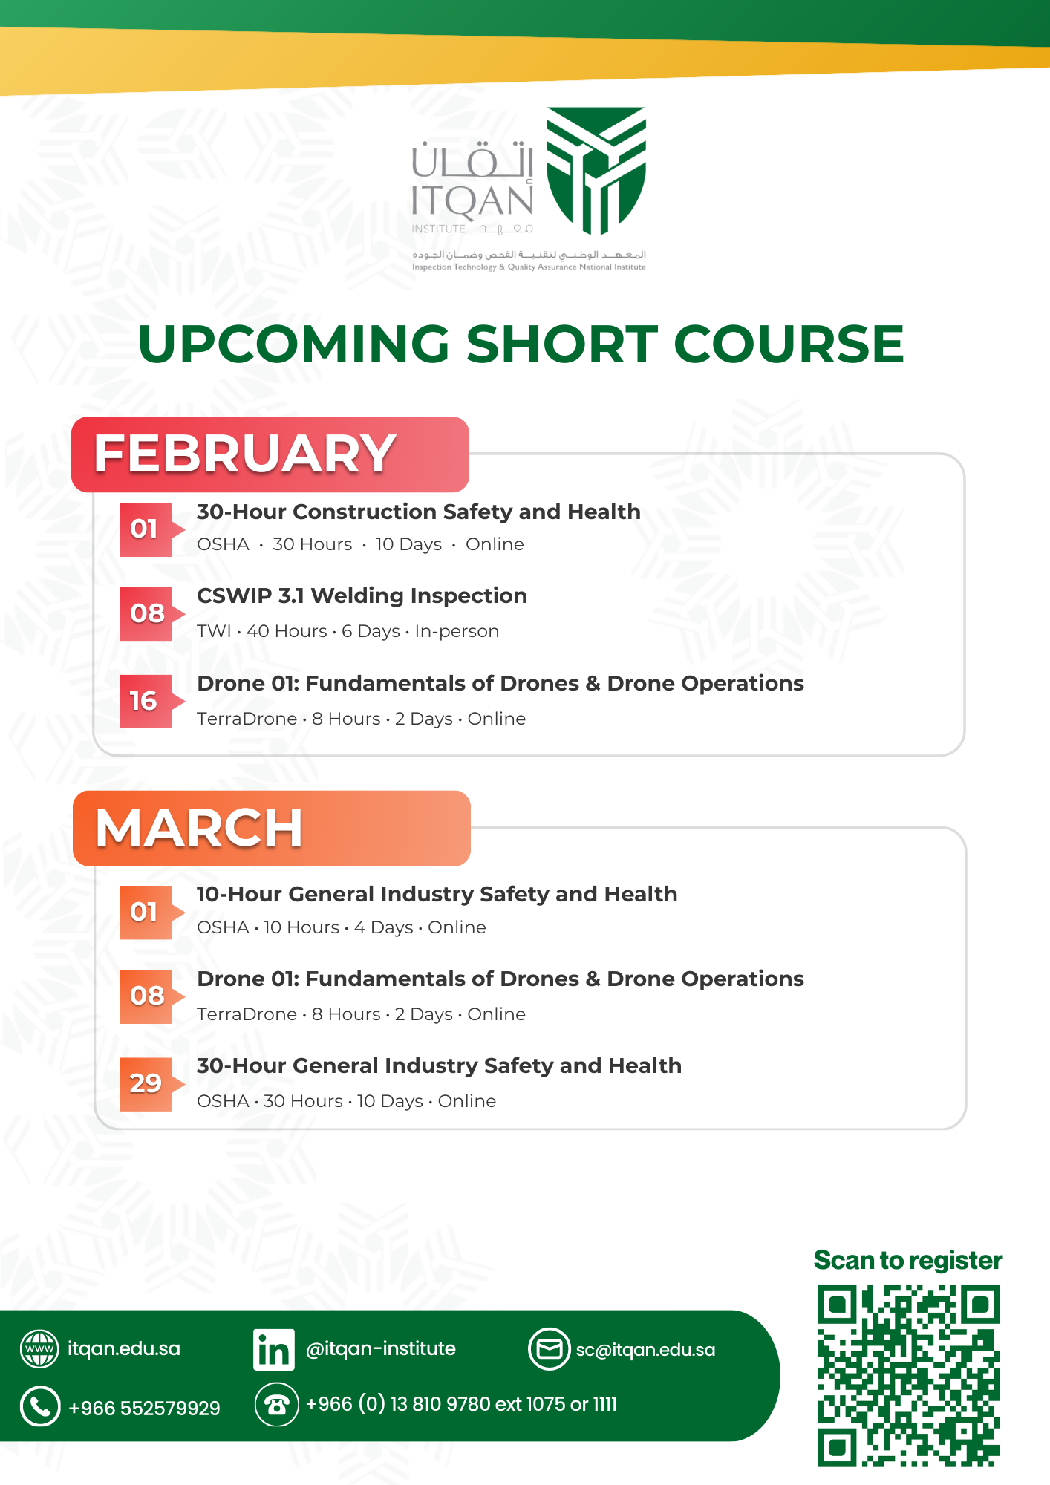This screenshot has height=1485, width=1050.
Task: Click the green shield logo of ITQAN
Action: tap(596, 170)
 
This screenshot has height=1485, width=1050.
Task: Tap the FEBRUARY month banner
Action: tap(270, 454)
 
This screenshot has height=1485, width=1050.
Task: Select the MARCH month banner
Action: tap(272, 829)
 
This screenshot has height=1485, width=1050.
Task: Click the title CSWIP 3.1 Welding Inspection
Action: tap(362, 595)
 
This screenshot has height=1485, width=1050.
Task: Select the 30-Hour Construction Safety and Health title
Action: tap(418, 512)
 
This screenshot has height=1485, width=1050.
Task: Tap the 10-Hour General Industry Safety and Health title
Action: tap(437, 895)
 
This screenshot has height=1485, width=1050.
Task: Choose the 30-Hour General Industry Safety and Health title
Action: tap(439, 1066)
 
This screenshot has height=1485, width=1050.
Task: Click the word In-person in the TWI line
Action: tap(457, 631)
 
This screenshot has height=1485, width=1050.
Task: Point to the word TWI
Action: tap(214, 631)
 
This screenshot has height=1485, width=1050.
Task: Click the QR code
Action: tap(908, 1377)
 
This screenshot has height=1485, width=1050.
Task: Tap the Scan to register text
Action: tap(908, 1261)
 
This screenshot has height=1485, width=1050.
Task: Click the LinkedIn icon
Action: tap(273, 1349)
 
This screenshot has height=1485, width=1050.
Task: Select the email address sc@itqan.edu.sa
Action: tap(645, 1350)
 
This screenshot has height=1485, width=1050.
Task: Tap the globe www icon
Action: tap(39, 1349)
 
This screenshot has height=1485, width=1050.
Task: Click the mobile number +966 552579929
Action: tap(144, 1408)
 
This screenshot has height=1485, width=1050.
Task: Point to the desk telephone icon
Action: tap(276, 1405)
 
